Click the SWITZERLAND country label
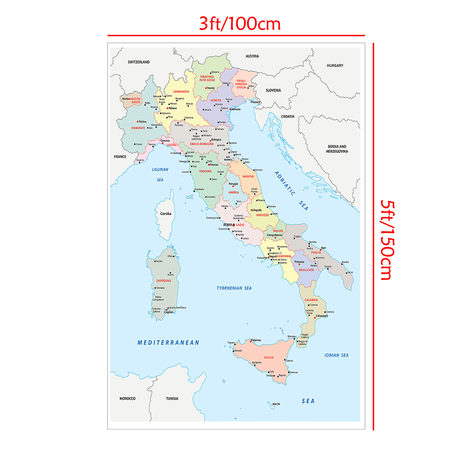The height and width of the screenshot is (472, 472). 139,62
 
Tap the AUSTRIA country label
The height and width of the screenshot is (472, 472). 252,56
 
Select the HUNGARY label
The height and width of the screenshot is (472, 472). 335,66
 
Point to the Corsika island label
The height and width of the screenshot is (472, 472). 166,214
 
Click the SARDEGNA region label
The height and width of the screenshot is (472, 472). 157,281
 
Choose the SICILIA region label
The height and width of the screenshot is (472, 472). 269,357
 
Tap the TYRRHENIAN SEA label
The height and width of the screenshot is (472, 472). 234,288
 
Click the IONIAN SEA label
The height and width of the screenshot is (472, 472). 337,355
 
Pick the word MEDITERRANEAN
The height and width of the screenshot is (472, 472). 168,342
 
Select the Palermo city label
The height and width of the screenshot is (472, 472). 256,340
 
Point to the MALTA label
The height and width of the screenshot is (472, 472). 276,404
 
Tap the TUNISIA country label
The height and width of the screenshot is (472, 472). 172,398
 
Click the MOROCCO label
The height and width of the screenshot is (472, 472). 127,398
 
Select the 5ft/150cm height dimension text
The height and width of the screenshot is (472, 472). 387,240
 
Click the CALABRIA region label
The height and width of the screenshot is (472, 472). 311,300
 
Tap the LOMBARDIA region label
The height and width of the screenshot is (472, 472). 181,91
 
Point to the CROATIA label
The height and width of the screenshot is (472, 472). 288,116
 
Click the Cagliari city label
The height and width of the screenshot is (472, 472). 169,313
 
